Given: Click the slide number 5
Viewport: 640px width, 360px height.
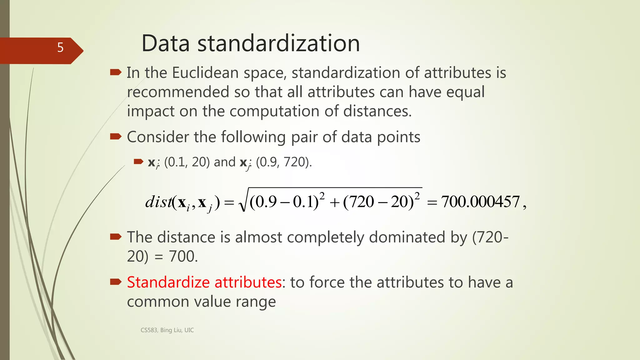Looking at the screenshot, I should pos(60,47).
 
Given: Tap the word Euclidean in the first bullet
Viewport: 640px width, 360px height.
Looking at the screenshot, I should pos(205,73).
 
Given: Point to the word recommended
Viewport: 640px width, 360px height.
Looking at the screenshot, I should pos(178,92).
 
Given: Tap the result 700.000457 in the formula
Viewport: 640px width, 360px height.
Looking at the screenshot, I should pos(480,202).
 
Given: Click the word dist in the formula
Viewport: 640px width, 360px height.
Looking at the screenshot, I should pos(158,202).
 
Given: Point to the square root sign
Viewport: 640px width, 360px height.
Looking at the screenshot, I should pos(243,203).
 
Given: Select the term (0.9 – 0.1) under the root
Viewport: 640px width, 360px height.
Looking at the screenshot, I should pos(284,202).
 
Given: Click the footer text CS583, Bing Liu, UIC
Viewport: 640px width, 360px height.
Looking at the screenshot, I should pos(167,330).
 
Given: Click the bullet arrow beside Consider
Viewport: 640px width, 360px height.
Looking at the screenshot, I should pos(116,137).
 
